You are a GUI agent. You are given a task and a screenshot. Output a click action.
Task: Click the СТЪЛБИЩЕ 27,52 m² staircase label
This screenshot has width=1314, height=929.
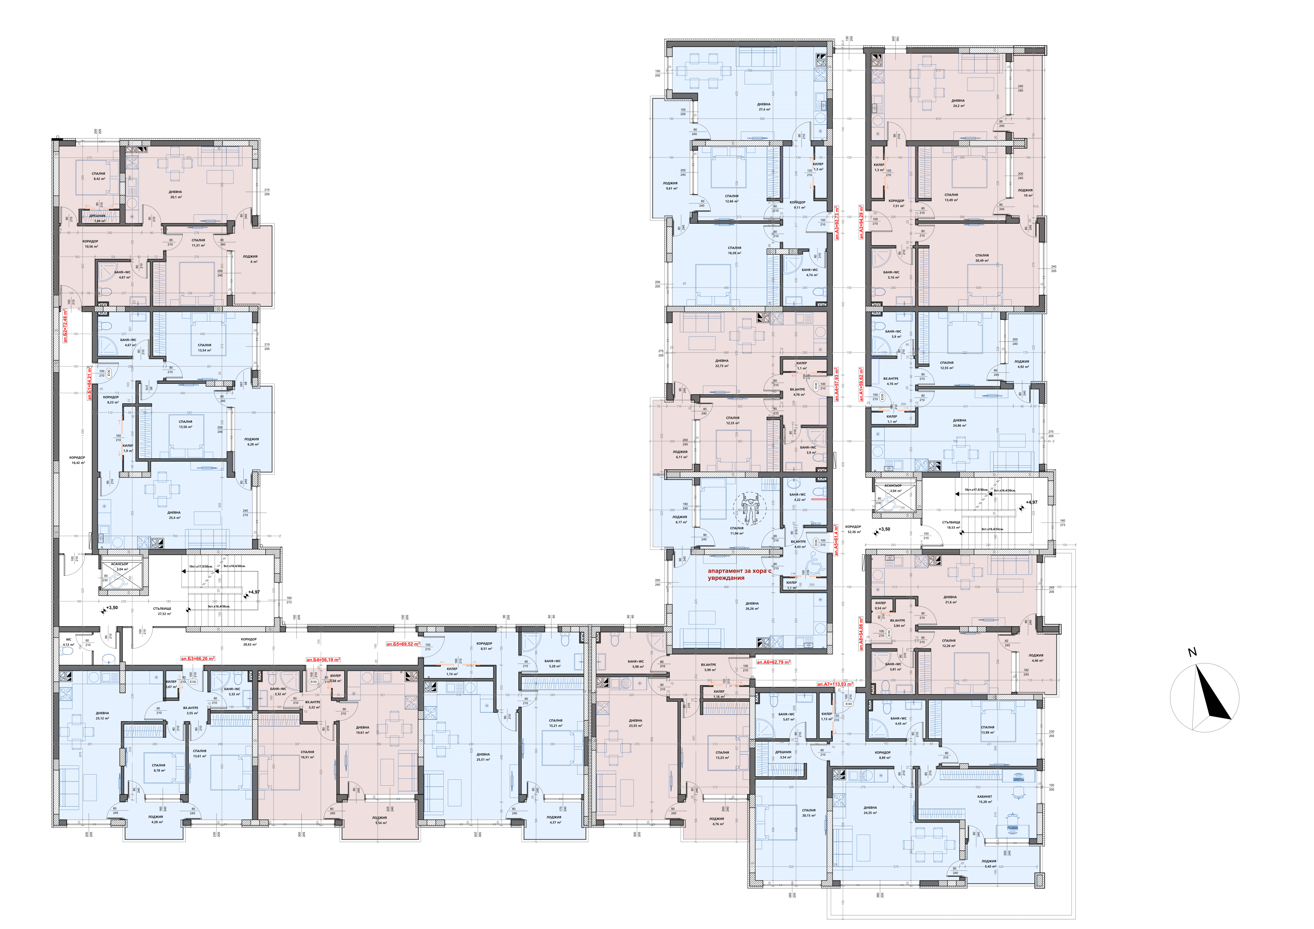(x=162, y=611)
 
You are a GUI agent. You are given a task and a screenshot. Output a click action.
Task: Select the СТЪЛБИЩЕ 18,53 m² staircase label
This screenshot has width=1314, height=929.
(x=951, y=525)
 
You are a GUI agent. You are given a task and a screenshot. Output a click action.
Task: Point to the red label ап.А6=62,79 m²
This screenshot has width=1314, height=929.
(x=773, y=662)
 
